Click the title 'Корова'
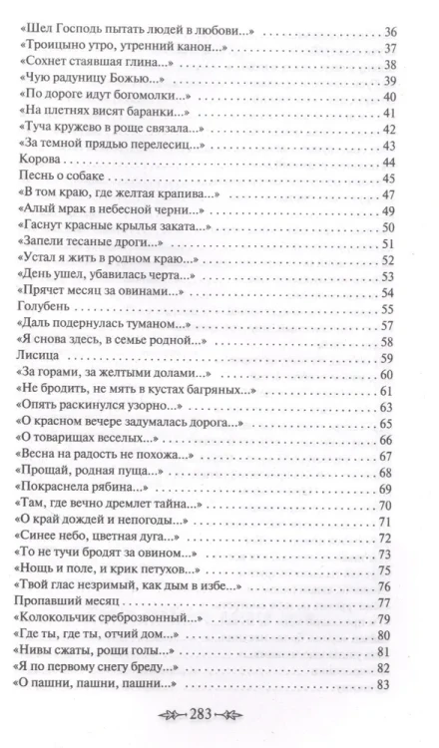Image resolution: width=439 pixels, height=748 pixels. [x=42, y=161]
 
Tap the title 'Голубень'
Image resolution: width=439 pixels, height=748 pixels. [x=47, y=309]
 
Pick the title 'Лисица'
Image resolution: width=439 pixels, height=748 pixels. [x=42, y=359]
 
